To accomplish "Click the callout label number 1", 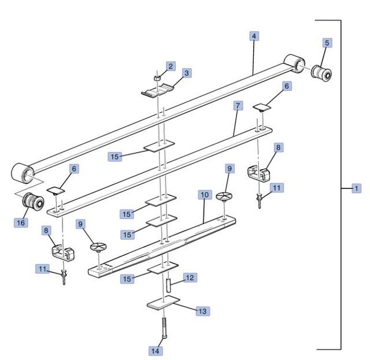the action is pos(356,188).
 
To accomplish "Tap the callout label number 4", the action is pos(254,36).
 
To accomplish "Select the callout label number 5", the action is pos(327,43).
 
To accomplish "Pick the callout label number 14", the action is pos(156,351).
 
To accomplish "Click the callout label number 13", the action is pos(203,311).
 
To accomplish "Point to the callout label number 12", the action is pos(190,278).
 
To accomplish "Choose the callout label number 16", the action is pos(21,222).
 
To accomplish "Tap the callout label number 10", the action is pos(205,195).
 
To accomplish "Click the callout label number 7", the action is pos(238,106).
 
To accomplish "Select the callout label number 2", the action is pos(171,66).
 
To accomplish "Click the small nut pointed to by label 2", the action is pos(157,77).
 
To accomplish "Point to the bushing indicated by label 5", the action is pos(321,73).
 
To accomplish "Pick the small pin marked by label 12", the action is pos(168,285).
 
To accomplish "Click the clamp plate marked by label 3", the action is pos(158,91).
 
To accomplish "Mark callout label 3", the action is pos(187,73).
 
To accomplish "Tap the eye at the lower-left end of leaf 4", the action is pos(23,172).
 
